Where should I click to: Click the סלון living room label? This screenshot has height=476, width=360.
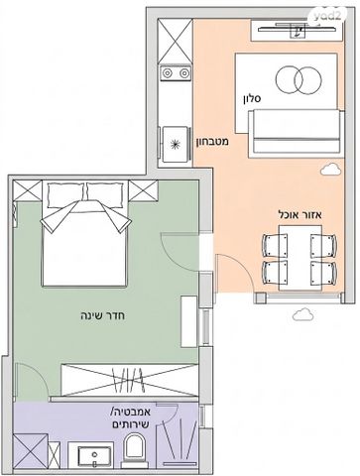(252, 98)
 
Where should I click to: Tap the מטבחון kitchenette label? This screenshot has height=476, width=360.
(213, 142)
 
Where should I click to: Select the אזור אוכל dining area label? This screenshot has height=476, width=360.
(300, 215)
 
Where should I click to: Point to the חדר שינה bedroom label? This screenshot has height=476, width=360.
(103, 315)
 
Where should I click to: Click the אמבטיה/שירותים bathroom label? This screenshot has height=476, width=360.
(131, 417)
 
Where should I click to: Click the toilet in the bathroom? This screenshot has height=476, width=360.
(134, 451)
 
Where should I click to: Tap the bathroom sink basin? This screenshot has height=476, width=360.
(94, 456)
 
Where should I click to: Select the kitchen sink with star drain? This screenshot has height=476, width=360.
(176, 144)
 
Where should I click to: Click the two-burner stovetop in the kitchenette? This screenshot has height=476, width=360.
(176, 73)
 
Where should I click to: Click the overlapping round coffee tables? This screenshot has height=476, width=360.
(299, 80)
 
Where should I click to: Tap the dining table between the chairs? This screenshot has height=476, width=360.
(300, 258)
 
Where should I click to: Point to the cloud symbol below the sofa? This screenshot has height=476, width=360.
(330, 169)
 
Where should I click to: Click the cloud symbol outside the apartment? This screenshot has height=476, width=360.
(302, 314)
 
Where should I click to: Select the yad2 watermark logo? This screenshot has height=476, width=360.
(327, 16)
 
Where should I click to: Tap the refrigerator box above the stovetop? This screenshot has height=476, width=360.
(176, 41)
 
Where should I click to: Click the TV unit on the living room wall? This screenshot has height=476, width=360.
(297, 31)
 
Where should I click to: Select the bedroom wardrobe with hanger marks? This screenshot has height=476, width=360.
(130, 380)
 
